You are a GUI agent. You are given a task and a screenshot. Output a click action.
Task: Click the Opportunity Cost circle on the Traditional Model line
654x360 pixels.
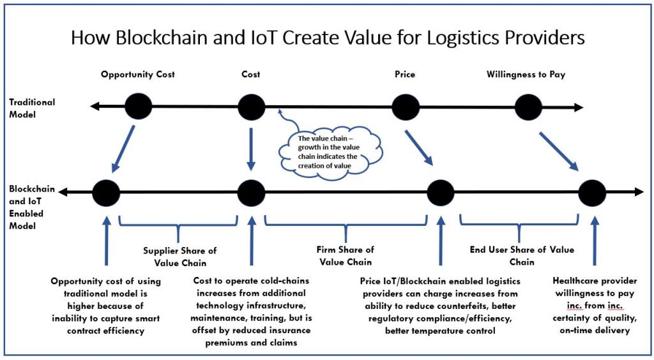coord(139,107)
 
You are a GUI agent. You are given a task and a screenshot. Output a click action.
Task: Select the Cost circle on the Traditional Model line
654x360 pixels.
coord(251,107)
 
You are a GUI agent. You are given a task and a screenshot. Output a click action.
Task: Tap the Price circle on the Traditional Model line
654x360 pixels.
coord(405,107)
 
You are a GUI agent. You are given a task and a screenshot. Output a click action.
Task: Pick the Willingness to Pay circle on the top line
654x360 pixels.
coord(528,107)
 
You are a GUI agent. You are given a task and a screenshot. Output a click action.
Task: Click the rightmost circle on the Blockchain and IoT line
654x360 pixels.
coord(592,191)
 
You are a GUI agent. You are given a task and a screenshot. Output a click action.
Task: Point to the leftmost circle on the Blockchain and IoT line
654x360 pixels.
coord(106,191)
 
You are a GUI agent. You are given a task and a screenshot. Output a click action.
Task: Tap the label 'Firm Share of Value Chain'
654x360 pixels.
coord(346,255)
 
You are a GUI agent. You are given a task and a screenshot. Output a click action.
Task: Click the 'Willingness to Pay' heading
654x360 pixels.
coord(526,75)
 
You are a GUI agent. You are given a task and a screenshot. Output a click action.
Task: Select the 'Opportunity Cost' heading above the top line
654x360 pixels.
coord(138,75)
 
